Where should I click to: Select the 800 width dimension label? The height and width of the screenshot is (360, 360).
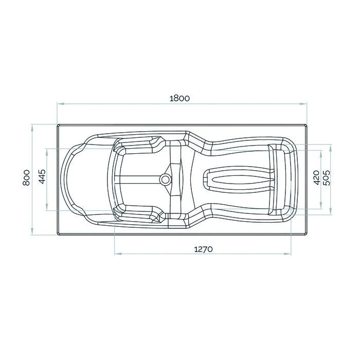[x=26, y=179]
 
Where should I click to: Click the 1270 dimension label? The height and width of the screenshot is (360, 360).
[x=203, y=249]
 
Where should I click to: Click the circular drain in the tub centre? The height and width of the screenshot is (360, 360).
[x=165, y=179]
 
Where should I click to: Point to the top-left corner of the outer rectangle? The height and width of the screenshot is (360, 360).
[x=57, y=124]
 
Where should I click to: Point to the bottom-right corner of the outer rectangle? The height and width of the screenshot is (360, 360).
[x=307, y=235]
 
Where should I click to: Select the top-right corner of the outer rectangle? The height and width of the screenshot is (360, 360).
[x=307, y=124]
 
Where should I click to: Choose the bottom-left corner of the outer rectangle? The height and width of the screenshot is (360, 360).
[x=57, y=235]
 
